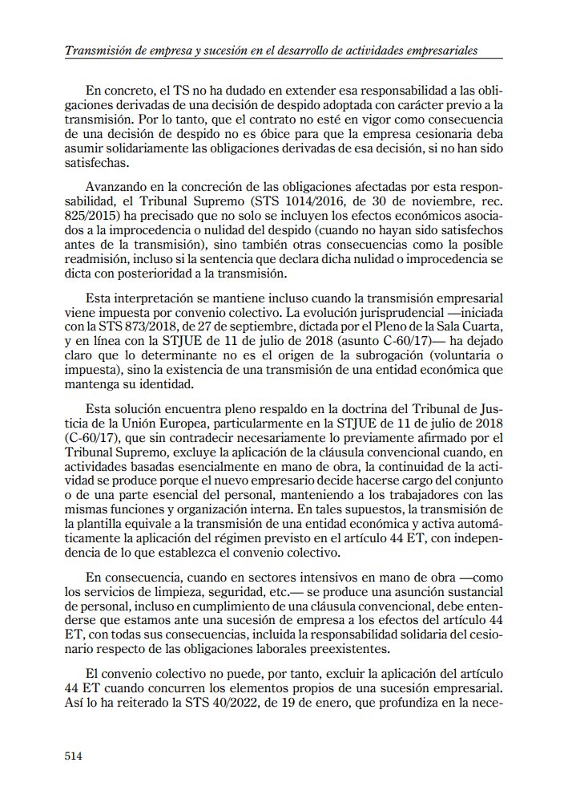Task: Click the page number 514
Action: [x=74, y=756]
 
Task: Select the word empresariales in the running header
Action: [x=433, y=51]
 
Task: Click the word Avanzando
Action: [x=124, y=184]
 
